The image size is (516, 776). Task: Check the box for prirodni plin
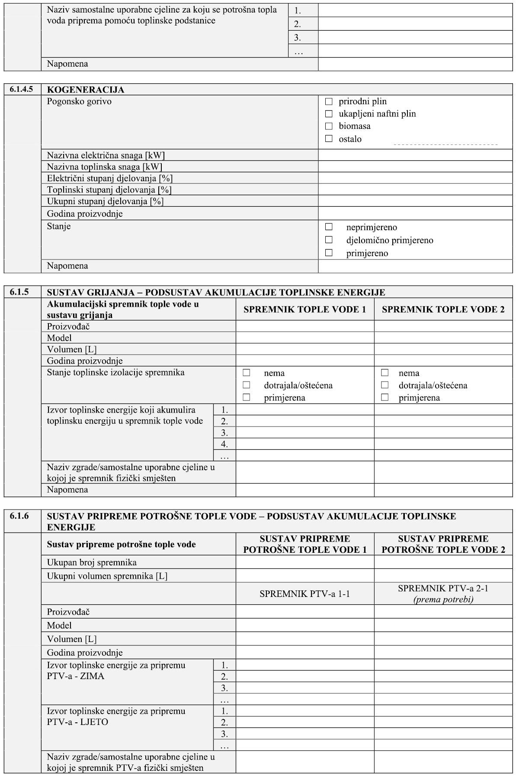329,102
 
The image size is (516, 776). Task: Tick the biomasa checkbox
329,126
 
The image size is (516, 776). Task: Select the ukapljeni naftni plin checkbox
329,114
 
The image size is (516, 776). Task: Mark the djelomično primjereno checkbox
329,240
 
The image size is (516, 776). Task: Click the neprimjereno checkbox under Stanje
329,227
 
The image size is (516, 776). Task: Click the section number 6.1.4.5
22,90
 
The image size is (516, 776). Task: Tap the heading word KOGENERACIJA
85,90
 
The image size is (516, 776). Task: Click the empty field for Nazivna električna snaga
415,155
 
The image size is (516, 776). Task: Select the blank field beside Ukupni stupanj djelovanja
415,202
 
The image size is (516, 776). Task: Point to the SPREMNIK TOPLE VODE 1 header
304,309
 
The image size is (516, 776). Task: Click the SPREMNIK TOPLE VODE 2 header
443,309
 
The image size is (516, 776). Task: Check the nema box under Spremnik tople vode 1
247,372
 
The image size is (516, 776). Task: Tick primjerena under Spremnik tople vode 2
385,397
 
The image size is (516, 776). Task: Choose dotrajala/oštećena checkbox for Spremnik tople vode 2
385,385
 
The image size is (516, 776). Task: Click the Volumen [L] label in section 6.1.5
72,350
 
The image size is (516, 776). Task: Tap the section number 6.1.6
19,516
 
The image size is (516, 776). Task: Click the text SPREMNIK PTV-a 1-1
304,594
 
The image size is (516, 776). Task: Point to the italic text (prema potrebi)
443,600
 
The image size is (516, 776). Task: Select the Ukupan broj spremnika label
92,563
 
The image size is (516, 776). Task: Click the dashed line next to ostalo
445,144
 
